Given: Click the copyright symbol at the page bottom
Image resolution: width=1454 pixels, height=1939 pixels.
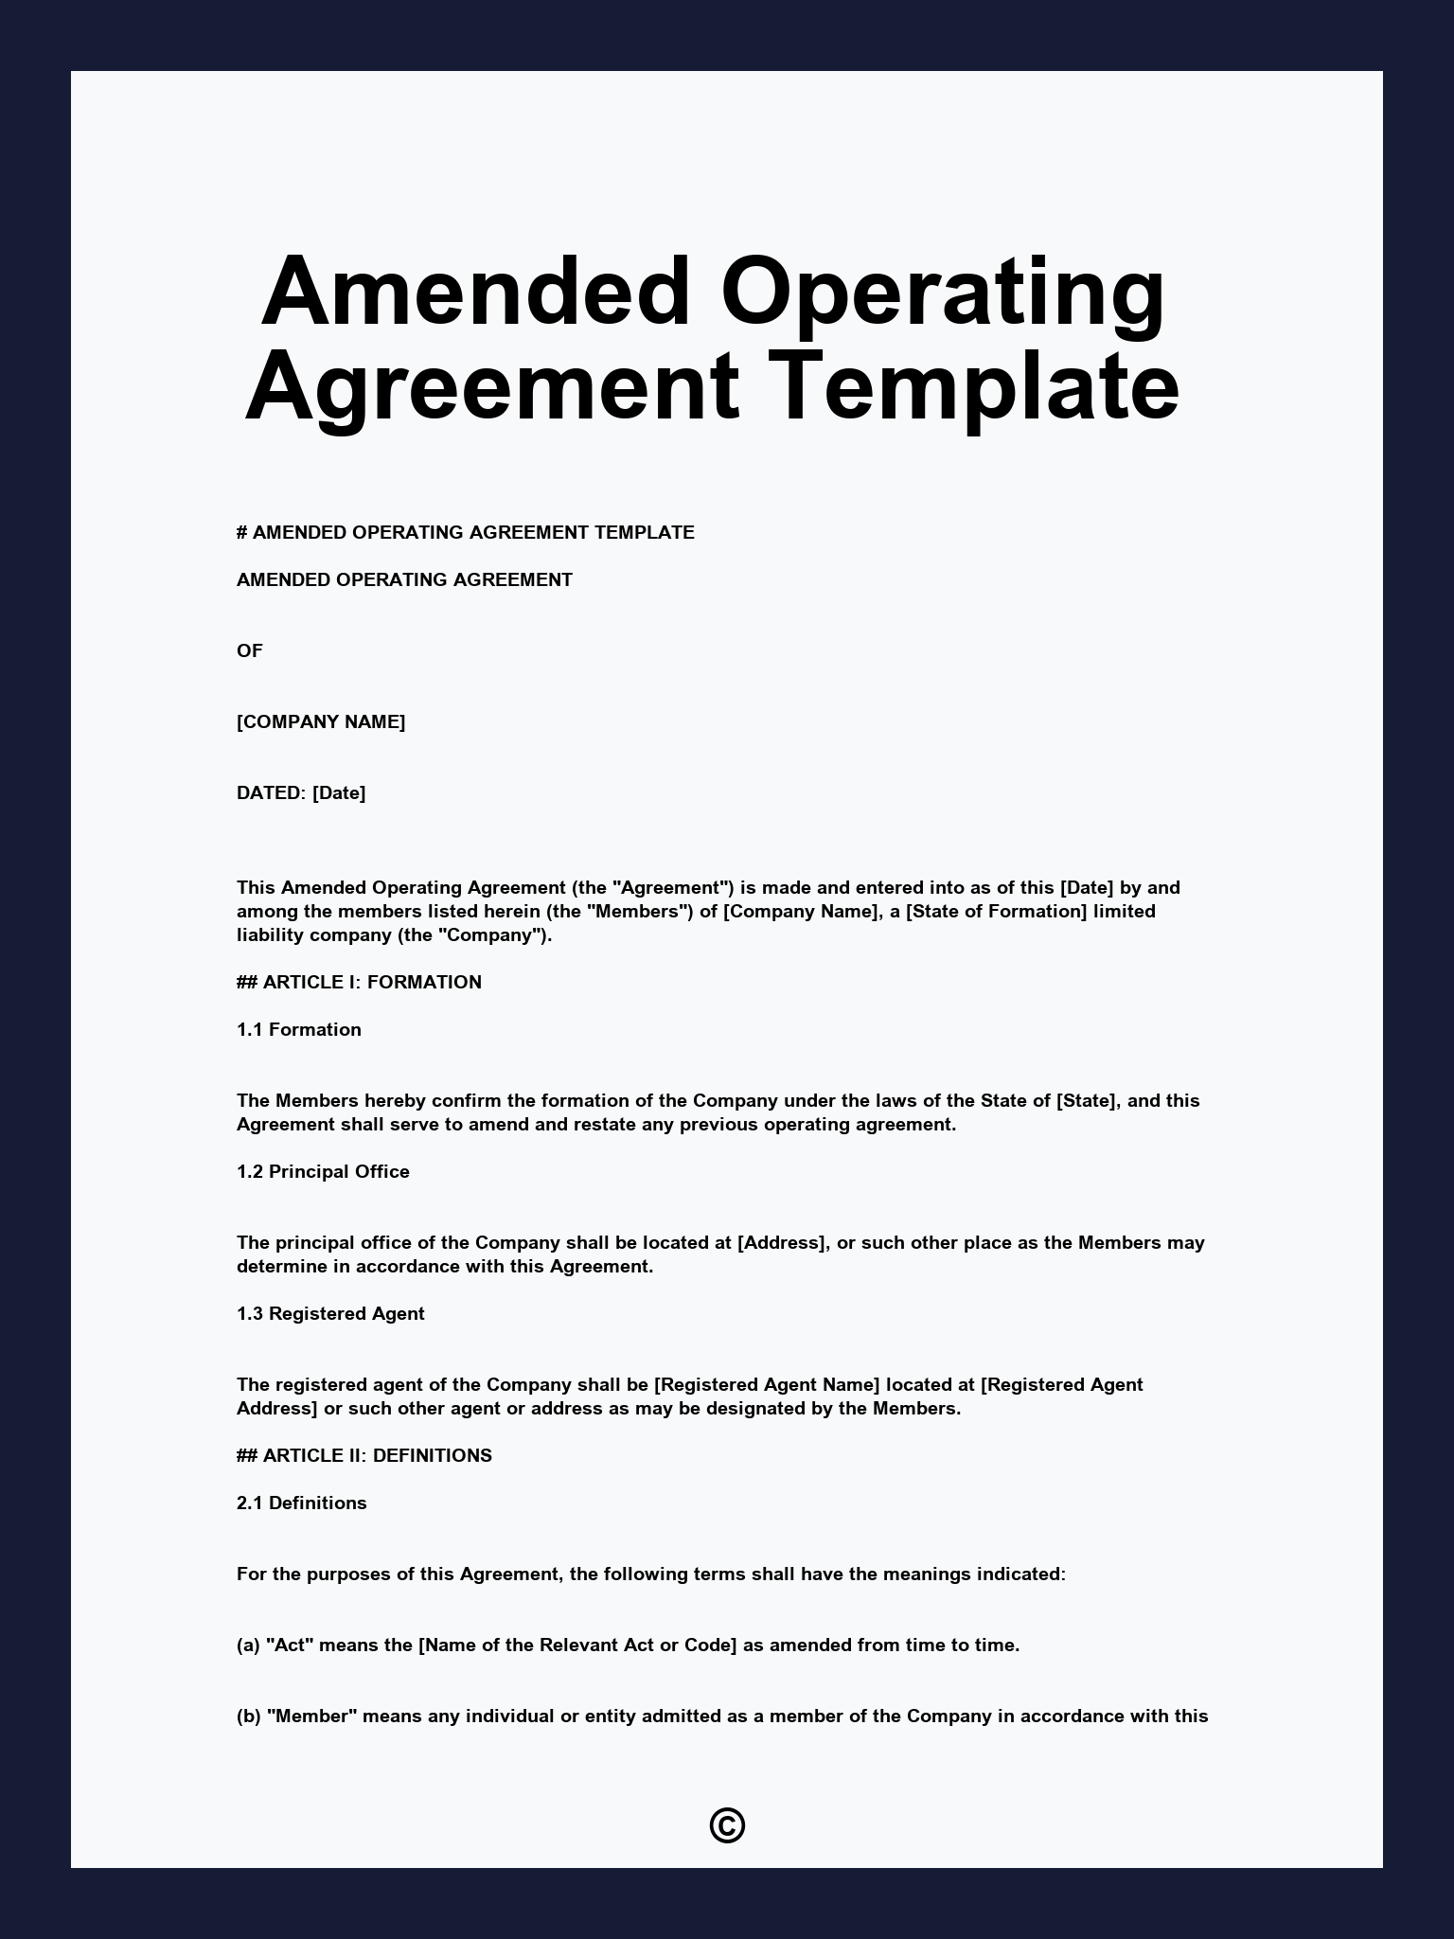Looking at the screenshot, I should [727, 1825].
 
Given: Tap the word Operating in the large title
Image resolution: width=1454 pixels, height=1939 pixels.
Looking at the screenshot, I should [942, 291].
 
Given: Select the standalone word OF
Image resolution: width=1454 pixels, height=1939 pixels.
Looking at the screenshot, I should [250, 650].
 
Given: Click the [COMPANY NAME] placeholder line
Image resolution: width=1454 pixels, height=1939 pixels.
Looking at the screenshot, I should [321, 721].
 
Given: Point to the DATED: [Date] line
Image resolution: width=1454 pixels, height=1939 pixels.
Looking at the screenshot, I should [301, 792].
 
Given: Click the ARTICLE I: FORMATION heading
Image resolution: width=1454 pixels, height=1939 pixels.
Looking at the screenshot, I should [360, 982].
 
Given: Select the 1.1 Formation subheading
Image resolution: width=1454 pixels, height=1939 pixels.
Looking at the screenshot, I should [299, 1029].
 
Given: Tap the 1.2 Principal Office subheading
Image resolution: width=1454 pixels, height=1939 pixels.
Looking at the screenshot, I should [323, 1171].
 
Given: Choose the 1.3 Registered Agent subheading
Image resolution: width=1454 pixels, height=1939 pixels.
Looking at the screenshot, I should [330, 1313].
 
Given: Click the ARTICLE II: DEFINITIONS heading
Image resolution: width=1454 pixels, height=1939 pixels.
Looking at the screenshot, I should [364, 1455].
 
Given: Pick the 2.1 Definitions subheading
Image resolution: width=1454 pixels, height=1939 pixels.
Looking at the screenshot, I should [302, 1503].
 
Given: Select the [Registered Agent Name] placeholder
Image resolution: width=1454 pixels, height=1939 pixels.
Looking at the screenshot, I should [767, 1384].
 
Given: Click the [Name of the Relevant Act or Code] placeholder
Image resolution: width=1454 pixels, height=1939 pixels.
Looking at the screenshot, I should [577, 1645].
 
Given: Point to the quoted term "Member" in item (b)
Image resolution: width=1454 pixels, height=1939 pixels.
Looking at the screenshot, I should [312, 1716].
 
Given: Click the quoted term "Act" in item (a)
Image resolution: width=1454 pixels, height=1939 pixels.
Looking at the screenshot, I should [291, 1645].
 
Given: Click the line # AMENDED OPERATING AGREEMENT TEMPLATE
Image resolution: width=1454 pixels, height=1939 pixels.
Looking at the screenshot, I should [466, 532].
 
